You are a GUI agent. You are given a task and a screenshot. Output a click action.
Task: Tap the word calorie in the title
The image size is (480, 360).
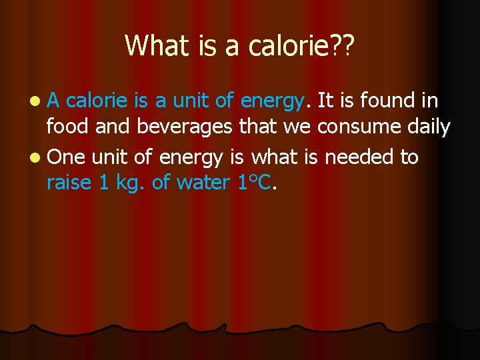pyautogui.click(x=283, y=45)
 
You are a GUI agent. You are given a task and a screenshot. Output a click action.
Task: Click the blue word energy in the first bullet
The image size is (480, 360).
pyautogui.click(x=273, y=102)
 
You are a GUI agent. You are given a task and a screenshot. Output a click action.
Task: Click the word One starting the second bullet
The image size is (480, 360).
pyautogui.click(x=67, y=157)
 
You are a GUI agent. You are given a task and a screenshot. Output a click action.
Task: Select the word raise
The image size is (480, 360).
pyautogui.click(x=68, y=183)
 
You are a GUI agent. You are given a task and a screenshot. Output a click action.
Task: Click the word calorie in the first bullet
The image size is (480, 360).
pyautogui.click(x=97, y=101)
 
